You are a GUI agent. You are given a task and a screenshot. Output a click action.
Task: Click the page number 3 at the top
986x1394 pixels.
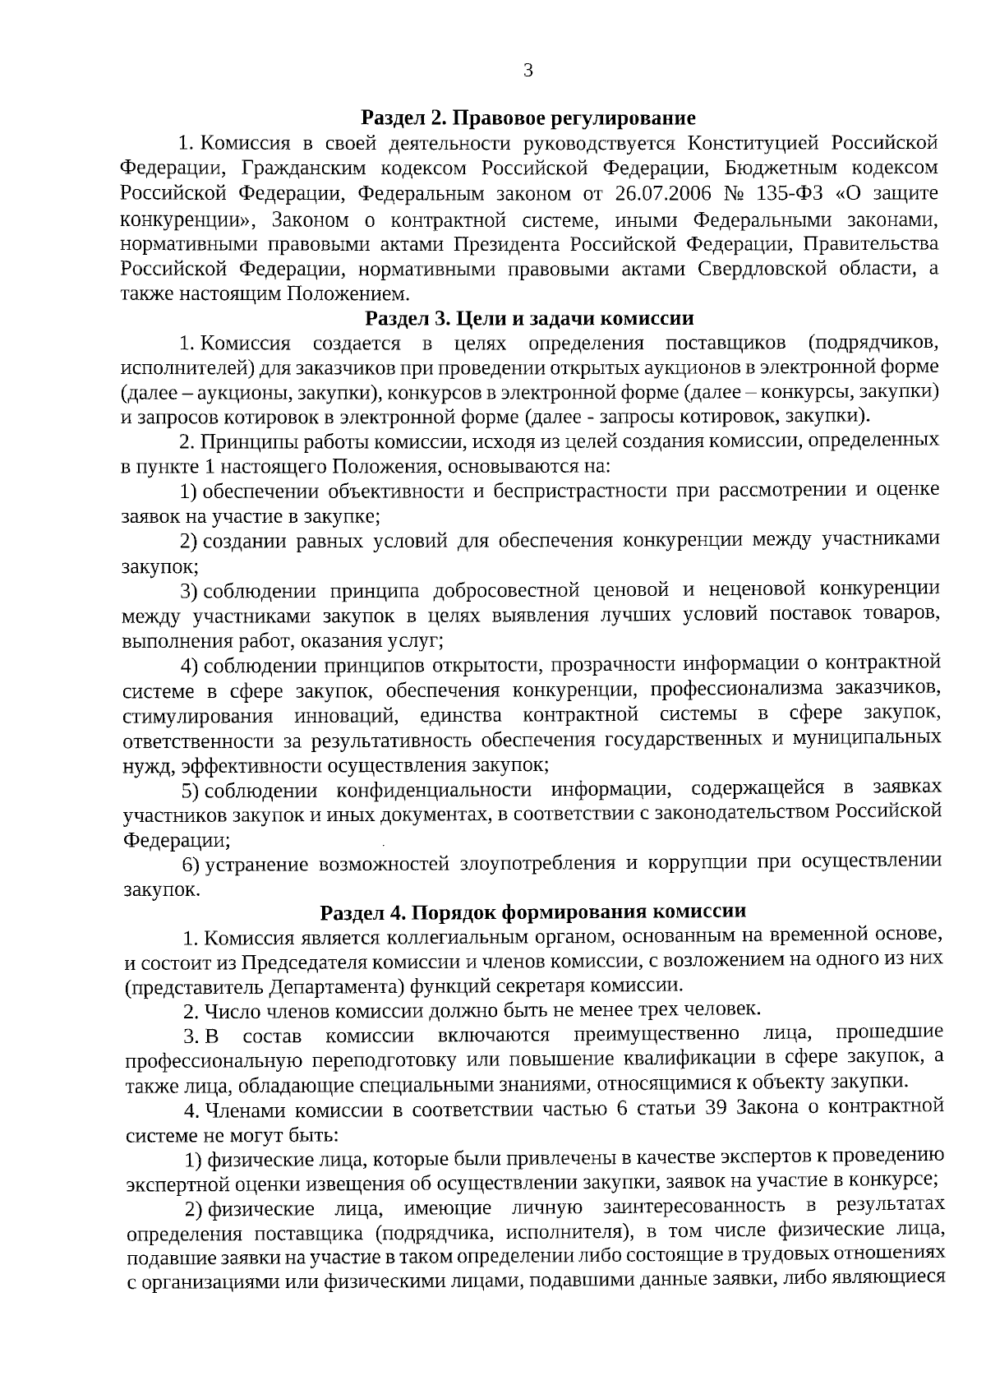click(528, 71)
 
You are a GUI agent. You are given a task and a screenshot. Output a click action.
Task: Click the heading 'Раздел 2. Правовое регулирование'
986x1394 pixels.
click(529, 118)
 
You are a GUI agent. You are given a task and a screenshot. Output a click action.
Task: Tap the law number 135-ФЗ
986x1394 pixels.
click(783, 194)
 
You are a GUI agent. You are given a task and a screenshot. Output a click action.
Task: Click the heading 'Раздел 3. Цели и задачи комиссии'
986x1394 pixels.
click(529, 318)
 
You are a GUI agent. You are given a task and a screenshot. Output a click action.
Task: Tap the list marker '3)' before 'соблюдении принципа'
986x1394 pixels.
click(188, 591)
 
